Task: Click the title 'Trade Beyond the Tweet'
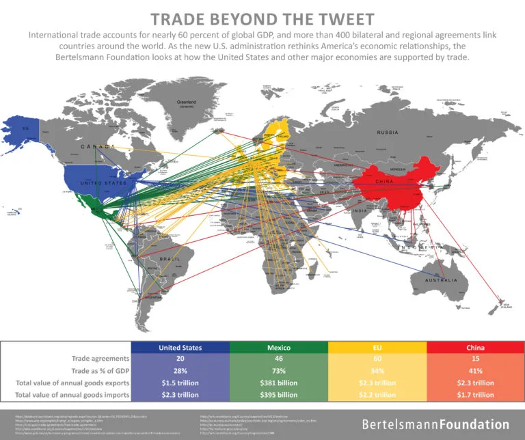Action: click(262, 18)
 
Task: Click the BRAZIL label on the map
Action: click(170, 260)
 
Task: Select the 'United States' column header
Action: click(180, 347)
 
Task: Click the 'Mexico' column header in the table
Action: click(279, 347)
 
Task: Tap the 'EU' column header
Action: click(377, 347)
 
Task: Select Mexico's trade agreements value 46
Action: click(279, 359)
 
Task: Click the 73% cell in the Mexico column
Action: click(279, 370)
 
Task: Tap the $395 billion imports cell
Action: click(279, 394)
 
